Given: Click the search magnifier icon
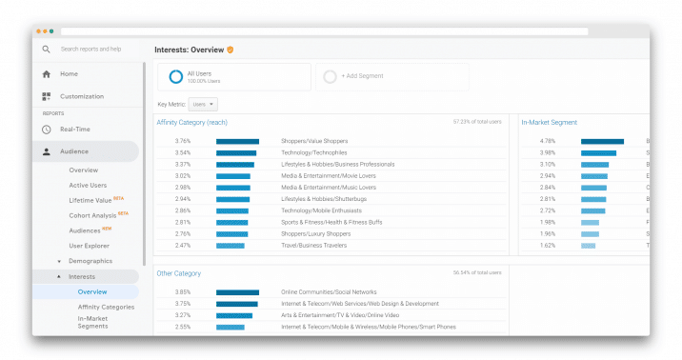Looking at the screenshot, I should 46,49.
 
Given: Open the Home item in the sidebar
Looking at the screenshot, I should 69,73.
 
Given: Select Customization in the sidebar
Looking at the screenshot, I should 81,96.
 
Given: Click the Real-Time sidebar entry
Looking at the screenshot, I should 74,129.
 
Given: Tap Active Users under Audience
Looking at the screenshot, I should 88,185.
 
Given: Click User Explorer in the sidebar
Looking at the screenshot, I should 89,245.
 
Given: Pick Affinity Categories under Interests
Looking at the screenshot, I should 106,307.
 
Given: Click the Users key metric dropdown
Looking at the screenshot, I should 203,104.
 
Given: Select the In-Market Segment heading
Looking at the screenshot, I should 549,123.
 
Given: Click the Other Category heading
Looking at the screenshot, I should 180,273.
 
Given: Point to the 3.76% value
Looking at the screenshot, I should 183,141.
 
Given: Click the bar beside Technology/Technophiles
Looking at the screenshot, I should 235,152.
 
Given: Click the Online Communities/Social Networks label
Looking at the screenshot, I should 328,292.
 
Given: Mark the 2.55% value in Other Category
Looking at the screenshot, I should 183,327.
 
